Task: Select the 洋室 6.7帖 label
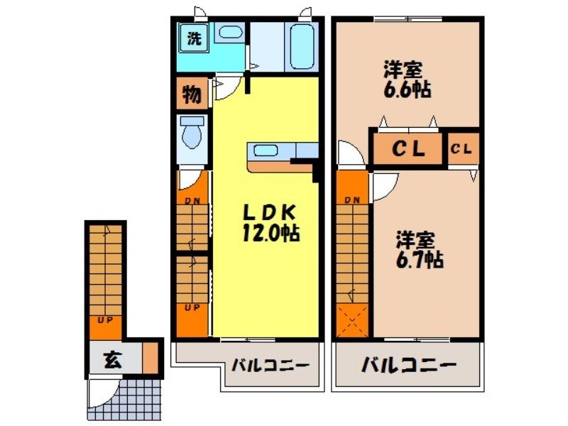[x=419, y=250]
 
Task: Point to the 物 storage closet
[x=191, y=93]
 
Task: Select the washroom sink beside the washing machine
[x=228, y=32]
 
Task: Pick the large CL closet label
[x=409, y=150]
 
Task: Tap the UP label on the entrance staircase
[x=104, y=321]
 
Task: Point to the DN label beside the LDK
[x=192, y=200]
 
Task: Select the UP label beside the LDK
[x=192, y=307]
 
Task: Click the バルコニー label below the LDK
[x=271, y=366]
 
